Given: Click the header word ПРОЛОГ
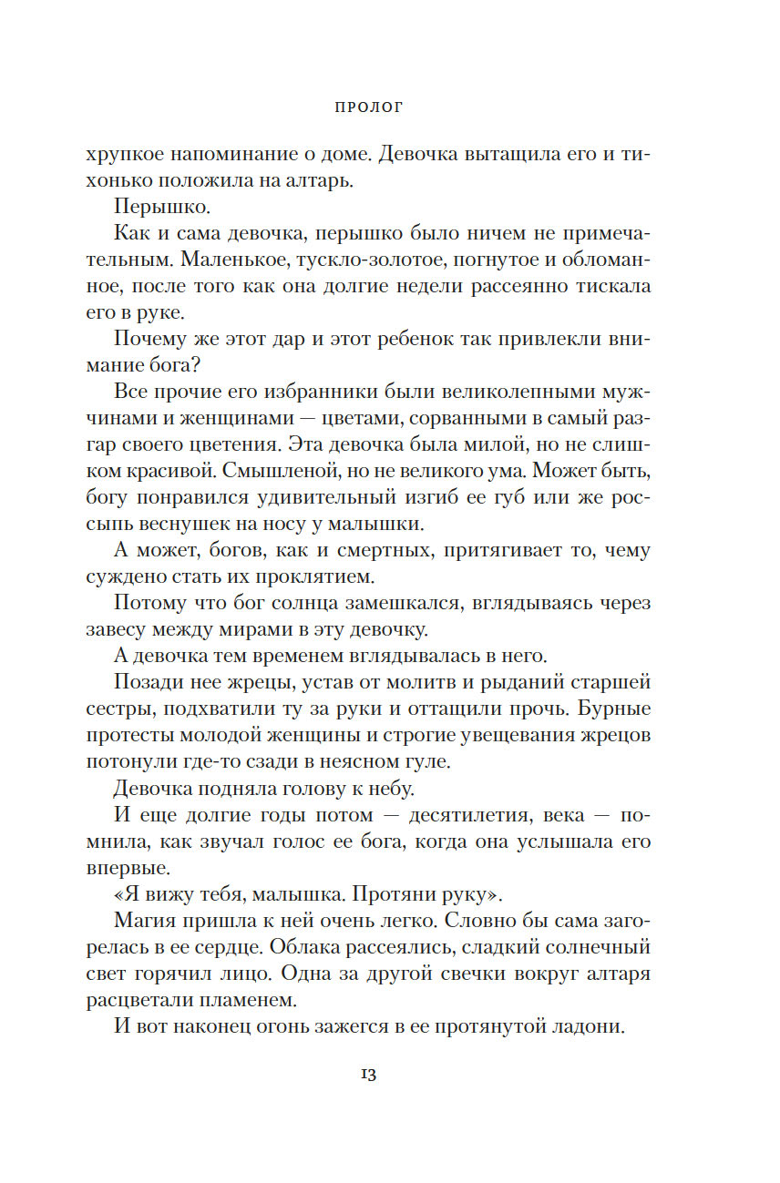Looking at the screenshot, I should [369, 107].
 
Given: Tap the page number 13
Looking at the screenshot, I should [369, 1075].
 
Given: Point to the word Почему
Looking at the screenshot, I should [151, 339].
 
